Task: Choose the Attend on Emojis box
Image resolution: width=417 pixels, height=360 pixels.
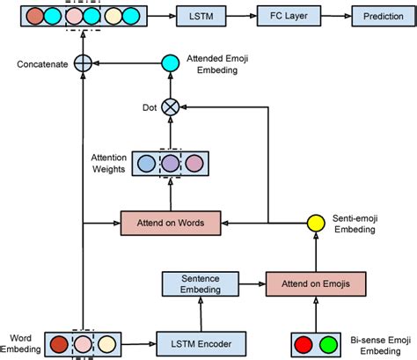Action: (x=315, y=284)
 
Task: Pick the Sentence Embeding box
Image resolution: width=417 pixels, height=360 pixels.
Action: (x=201, y=284)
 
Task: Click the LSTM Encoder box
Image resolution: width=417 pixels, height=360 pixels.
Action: (x=201, y=342)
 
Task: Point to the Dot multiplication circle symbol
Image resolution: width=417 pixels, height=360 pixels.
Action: (x=172, y=107)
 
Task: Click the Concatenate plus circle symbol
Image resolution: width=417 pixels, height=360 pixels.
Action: (x=83, y=62)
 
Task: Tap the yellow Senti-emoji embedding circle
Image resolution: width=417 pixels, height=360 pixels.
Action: (x=315, y=223)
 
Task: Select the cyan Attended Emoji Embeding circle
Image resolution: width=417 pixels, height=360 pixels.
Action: (x=172, y=62)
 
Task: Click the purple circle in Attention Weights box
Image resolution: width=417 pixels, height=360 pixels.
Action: (x=172, y=164)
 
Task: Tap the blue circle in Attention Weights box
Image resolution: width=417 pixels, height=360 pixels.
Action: (x=149, y=164)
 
